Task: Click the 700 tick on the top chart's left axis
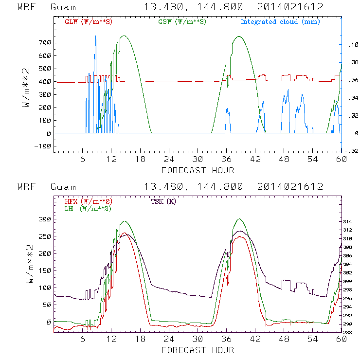pos(45,43)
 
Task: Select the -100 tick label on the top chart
pos(43,146)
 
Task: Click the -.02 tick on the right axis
pos(351,151)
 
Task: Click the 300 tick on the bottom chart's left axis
pos(45,219)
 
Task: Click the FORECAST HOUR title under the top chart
pos(198,170)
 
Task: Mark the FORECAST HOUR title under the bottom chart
pos(198,350)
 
